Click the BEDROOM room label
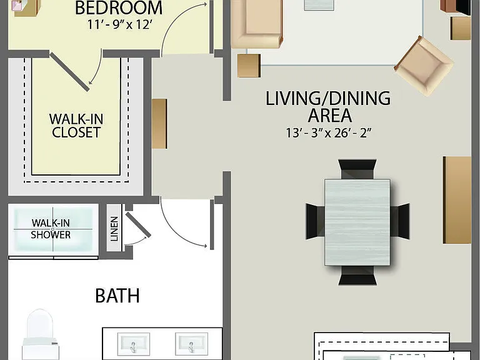click(119, 8)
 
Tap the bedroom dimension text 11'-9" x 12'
click(120, 24)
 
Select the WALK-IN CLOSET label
click(76, 126)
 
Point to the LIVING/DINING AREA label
click(328, 106)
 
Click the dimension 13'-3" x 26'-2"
click(329, 133)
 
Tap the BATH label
click(117, 296)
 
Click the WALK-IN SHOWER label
click(51, 229)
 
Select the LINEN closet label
click(114, 229)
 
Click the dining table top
click(357, 222)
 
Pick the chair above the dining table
click(357, 169)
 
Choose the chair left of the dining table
click(315, 221)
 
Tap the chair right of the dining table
click(400, 221)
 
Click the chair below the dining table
click(357, 275)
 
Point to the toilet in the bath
click(40, 334)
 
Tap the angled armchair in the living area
click(424, 66)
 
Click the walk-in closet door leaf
click(70, 72)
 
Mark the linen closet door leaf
click(138, 225)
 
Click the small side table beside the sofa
click(249, 66)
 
